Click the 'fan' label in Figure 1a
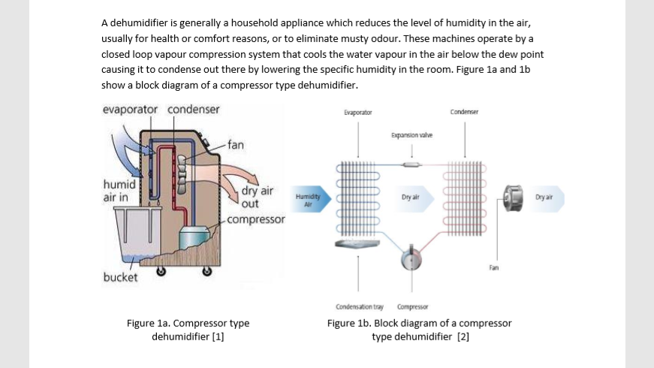(x=236, y=144)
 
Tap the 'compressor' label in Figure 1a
(x=256, y=219)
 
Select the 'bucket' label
(x=120, y=277)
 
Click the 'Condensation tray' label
(x=359, y=307)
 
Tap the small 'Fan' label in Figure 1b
(x=493, y=267)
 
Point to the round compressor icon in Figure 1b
(x=410, y=258)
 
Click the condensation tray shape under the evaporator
(x=359, y=244)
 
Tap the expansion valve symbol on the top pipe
(x=410, y=164)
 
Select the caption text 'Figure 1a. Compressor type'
(x=188, y=324)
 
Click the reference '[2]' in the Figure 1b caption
(x=463, y=336)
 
